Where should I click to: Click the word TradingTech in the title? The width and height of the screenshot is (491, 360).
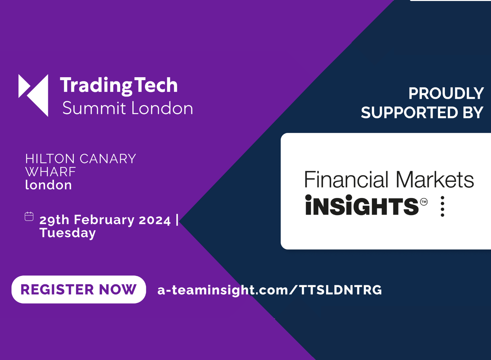pyautogui.click(x=118, y=86)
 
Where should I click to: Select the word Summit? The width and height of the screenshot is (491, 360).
pyautogui.click(x=94, y=108)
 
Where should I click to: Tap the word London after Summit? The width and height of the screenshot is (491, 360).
pyautogui.click(x=162, y=108)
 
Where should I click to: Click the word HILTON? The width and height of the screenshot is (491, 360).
pyautogui.click(x=50, y=159)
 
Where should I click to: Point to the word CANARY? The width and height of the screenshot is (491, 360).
pyautogui.click(x=108, y=159)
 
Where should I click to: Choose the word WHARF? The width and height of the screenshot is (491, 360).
pyautogui.click(x=51, y=172)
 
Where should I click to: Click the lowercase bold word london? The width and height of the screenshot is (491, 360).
pyautogui.click(x=48, y=185)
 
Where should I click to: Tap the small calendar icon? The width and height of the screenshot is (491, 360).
pyautogui.click(x=29, y=216)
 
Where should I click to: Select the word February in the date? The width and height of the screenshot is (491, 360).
pyautogui.click(x=104, y=220)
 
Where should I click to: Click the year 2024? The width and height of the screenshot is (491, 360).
pyautogui.click(x=155, y=220)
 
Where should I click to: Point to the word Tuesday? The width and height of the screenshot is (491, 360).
pyautogui.click(x=67, y=233)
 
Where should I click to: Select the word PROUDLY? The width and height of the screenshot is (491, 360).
pyautogui.click(x=446, y=93)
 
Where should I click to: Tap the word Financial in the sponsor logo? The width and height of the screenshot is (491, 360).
pyautogui.click(x=346, y=179)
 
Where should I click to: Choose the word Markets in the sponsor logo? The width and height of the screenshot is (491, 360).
pyautogui.click(x=435, y=179)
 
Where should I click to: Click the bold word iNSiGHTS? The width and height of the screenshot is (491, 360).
pyautogui.click(x=362, y=205)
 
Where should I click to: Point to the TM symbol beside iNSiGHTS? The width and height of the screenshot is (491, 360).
pyautogui.click(x=424, y=202)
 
